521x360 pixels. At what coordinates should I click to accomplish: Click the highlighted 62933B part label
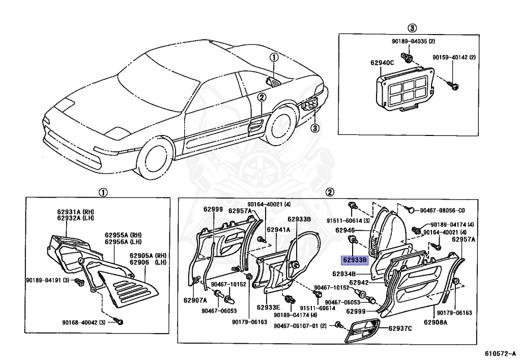click(x=355, y=260)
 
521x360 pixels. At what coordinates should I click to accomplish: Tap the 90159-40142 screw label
click(x=454, y=58)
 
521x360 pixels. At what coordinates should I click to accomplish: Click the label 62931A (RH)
click(x=74, y=212)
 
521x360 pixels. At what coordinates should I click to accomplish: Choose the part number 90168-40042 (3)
click(x=84, y=322)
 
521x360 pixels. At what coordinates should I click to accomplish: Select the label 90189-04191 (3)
click(x=49, y=280)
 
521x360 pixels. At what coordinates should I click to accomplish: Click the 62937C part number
click(x=400, y=328)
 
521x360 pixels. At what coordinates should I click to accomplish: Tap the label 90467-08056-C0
click(x=442, y=210)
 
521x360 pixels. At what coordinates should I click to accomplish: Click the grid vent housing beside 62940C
click(x=406, y=90)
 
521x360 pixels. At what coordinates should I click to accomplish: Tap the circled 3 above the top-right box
click(x=412, y=27)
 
